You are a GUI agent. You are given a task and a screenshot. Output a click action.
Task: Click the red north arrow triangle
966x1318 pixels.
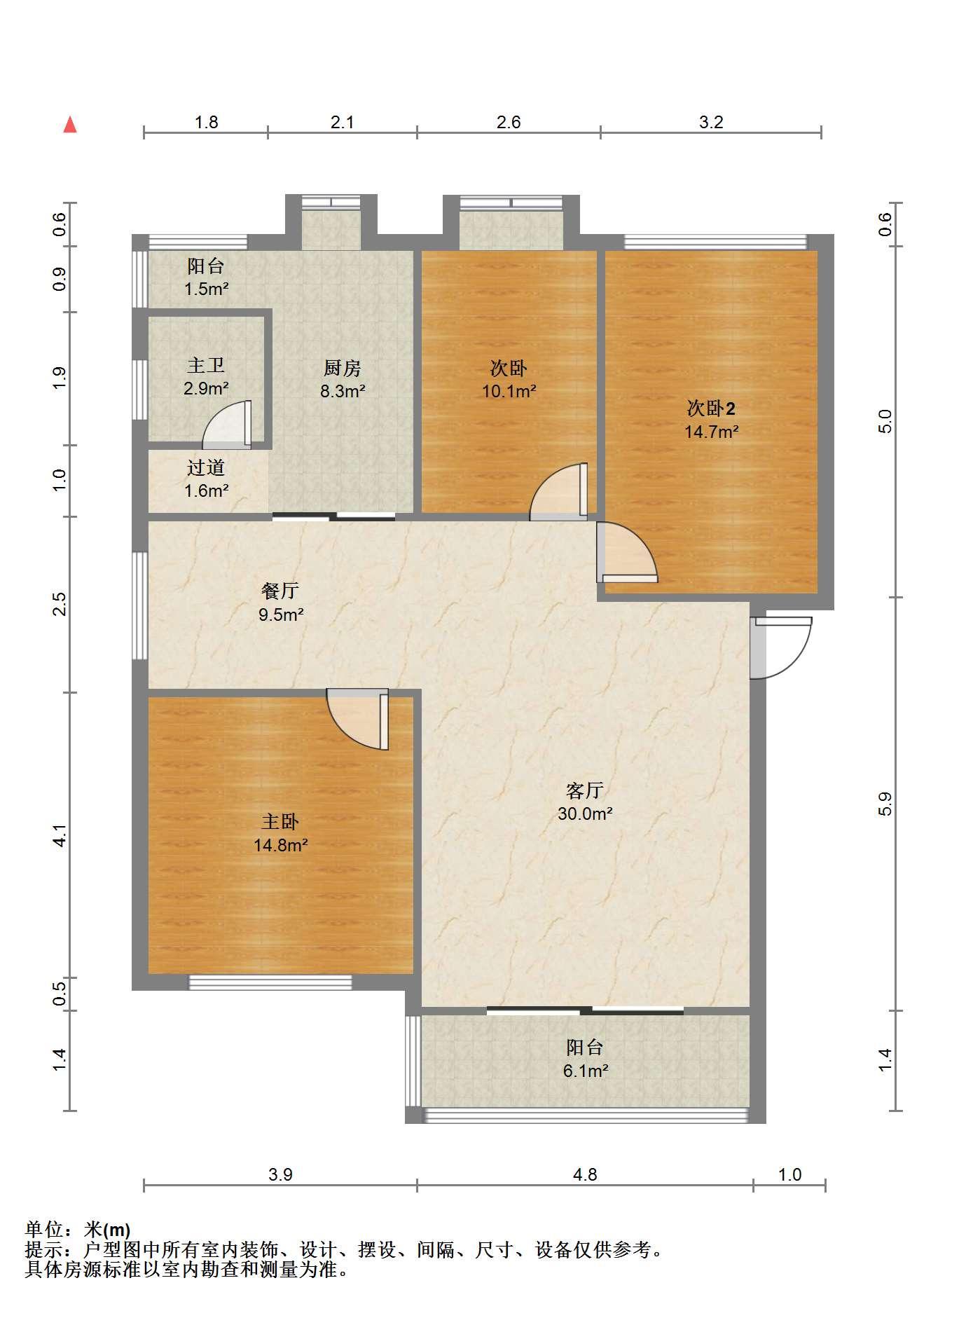point(70,125)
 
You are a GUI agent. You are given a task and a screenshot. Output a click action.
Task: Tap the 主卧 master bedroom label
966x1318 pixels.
point(280,821)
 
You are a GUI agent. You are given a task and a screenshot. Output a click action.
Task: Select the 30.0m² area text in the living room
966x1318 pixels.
point(585,814)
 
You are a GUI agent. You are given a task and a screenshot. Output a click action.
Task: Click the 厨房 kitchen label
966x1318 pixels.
point(342,368)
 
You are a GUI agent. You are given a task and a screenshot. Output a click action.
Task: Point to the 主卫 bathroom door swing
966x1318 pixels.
point(226,424)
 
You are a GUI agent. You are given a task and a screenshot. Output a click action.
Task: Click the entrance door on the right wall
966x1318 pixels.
point(781,647)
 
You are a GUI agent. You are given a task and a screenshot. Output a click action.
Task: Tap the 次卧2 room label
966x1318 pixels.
point(711,408)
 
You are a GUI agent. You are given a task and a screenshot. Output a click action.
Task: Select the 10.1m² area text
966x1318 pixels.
point(509,391)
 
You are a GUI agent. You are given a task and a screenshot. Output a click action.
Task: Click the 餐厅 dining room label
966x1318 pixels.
point(280,591)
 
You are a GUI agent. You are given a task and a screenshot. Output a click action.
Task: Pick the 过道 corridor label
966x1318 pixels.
point(206,467)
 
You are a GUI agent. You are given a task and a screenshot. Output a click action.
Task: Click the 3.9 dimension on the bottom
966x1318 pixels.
point(280,1174)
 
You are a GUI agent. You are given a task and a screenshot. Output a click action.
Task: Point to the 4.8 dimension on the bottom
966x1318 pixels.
point(585,1174)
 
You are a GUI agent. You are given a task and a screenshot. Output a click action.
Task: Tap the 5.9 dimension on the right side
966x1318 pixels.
point(885,804)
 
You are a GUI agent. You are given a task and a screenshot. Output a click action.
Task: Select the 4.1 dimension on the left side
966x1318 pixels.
point(60,835)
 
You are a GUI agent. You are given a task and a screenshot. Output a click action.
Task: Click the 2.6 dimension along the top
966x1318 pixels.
point(509,122)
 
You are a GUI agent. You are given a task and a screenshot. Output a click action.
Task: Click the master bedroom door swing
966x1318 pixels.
point(358,720)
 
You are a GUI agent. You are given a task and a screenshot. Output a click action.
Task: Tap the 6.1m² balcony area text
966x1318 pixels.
point(585,1071)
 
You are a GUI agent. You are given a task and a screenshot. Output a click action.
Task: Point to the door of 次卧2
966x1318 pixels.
point(627,552)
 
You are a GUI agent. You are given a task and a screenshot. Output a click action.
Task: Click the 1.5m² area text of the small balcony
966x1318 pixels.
point(206,289)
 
